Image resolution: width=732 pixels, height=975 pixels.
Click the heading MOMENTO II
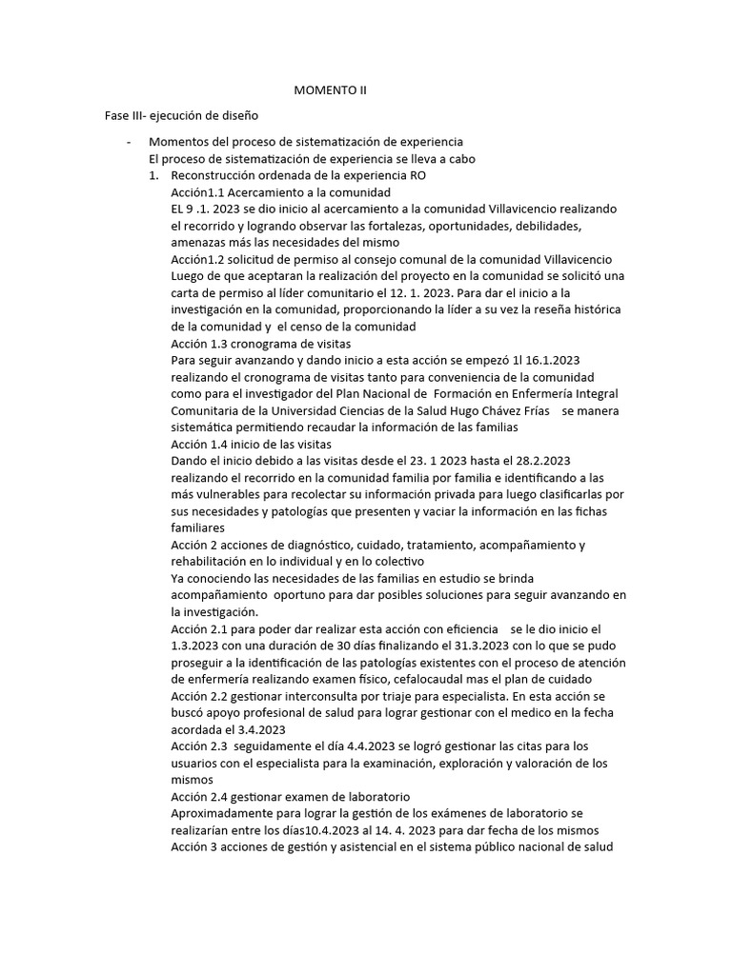tap(329, 90)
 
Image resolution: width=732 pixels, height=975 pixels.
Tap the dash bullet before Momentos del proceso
tap(128, 142)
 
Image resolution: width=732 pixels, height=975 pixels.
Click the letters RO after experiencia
tap(417, 176)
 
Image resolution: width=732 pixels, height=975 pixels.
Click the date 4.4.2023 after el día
tap(348, 746)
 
